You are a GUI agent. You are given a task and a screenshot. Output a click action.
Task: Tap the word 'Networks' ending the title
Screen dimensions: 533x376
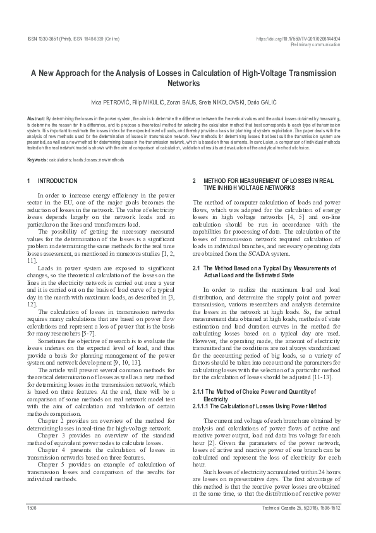pos(188,83)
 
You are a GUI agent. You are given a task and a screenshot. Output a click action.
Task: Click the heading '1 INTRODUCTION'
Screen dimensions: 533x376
pos(54,181)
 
